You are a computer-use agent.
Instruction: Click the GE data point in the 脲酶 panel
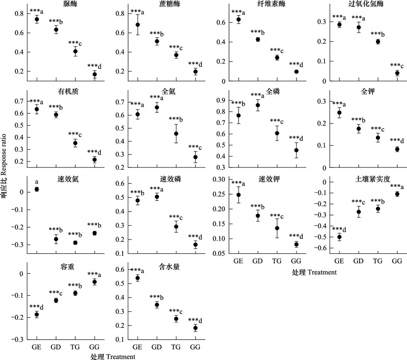[37, 20]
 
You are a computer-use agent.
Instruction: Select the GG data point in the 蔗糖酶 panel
[195, 72]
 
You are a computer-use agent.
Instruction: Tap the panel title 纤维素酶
[267, 5]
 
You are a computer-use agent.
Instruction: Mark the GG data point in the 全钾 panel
[397, 149]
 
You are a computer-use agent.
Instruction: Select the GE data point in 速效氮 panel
[37, 189]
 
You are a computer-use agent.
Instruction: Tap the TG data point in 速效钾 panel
[277, 228]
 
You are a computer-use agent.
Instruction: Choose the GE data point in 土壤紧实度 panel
[338, 237]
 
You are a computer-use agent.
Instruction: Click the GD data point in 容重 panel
[56, 300]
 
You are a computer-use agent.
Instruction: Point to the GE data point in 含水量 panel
[137, 278]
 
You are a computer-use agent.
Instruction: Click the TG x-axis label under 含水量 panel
[176, 347]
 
